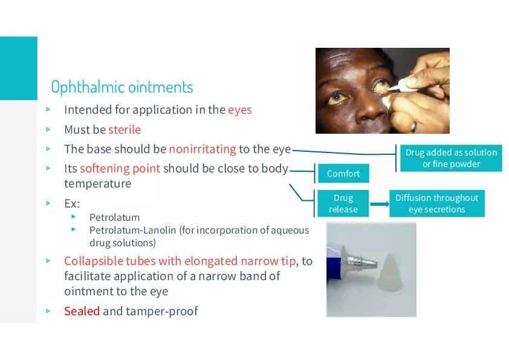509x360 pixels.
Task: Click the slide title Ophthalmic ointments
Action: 122,87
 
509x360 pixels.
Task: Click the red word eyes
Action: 240,110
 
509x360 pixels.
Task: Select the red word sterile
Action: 125,129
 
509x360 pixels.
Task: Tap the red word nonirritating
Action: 203,149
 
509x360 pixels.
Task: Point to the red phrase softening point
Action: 120,169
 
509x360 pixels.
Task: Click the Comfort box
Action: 343,174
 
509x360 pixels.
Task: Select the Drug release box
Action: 343,203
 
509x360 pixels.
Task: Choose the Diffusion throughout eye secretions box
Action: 437,203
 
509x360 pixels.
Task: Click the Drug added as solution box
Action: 451,158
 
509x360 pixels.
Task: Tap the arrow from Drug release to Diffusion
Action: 380,204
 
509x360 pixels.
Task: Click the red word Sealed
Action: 82,311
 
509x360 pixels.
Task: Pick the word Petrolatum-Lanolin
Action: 133,230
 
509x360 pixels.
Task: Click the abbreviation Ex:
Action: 72,204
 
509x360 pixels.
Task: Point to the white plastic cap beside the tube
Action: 391,269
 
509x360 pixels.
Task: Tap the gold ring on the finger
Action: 413,126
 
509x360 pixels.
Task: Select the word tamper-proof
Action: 161,311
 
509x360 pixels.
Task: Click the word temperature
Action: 98,183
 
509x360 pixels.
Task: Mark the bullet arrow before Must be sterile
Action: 48,129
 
